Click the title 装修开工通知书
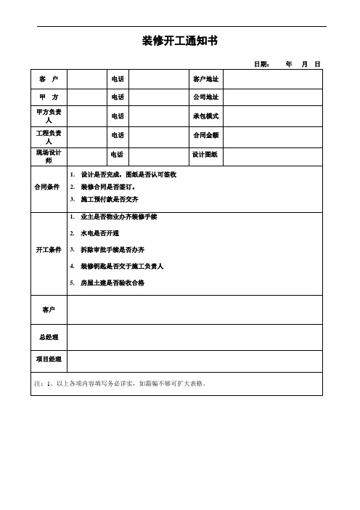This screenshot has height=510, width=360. click(179, 41)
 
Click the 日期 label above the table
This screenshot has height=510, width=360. click(261, 65)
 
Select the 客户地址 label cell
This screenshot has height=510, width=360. click(205, 78)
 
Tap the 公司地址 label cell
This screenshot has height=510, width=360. click(205, 97)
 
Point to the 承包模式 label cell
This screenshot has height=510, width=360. click(205, 116)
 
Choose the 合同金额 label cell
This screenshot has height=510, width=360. click(205, 135)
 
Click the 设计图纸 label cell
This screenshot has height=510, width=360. click(205, 155)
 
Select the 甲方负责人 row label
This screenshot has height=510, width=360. click(49, 116)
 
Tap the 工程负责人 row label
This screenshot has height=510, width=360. click(49, 135)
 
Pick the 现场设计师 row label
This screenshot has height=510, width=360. click(49, 155)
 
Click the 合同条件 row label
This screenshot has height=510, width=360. click(49, 187)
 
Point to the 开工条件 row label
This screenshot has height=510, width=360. click(49, 250)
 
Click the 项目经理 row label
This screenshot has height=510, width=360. click(49, 360)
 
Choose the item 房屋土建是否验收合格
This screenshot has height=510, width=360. click(112, 283)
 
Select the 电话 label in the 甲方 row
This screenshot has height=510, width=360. click(117, 97)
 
